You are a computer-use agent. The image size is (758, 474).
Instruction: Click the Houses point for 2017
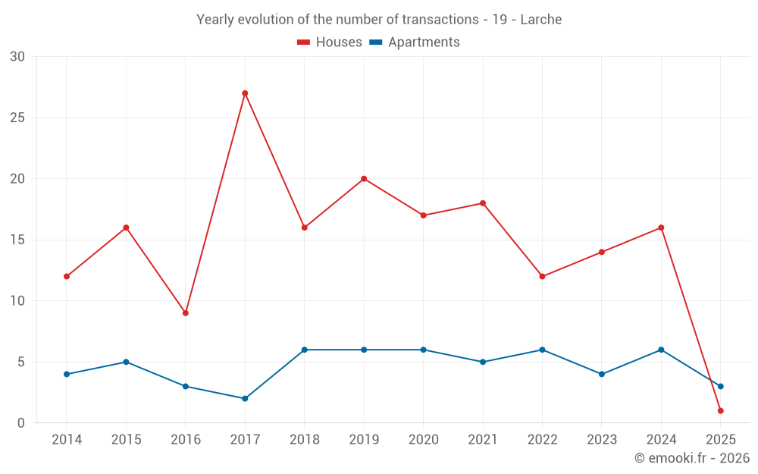point(245,93)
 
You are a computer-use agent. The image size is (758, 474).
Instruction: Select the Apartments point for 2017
point(245,398)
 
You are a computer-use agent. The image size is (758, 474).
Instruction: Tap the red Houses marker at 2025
point(721,410)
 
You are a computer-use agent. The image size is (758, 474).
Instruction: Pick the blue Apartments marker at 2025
point(721,386)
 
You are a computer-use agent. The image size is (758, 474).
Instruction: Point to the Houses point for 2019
point(364,179)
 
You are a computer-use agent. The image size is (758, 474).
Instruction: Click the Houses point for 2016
point(185,313)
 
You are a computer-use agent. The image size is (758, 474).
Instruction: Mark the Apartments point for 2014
point(67,374)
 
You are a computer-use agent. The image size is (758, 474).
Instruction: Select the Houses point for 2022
point(542,276)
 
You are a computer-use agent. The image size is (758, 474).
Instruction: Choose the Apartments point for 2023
point(602,374)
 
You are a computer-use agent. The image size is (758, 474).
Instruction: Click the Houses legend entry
point(330,42)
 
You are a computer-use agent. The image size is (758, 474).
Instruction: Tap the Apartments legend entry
point(415,42)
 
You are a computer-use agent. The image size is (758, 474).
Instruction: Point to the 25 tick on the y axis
point(17,118)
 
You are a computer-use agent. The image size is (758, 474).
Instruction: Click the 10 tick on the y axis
point(17,301)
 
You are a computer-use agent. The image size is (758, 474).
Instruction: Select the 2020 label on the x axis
point(423,440)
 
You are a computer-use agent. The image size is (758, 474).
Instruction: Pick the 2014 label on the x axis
point(67,440)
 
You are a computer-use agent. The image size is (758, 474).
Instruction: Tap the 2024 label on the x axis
point(661,440)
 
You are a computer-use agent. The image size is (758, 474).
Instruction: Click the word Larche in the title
point(541,20)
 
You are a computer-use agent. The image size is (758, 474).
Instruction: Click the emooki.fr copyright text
point(692,458)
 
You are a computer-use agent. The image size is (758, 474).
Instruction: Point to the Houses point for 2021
point(483,203)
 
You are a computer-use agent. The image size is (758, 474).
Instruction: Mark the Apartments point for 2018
point(304,350)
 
